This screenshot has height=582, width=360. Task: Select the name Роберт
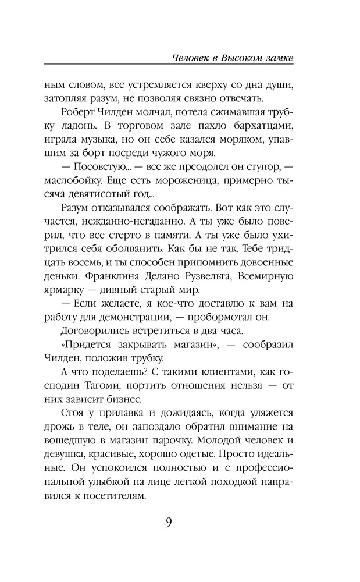click(80, 112)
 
